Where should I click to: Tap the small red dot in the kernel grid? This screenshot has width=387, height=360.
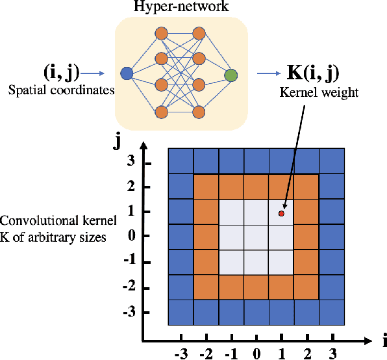click(x=281, y=213)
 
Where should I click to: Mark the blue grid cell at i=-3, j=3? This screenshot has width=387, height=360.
click(x=181, y=161)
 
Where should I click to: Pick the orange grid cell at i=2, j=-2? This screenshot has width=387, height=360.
click(x=306, y=287)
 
